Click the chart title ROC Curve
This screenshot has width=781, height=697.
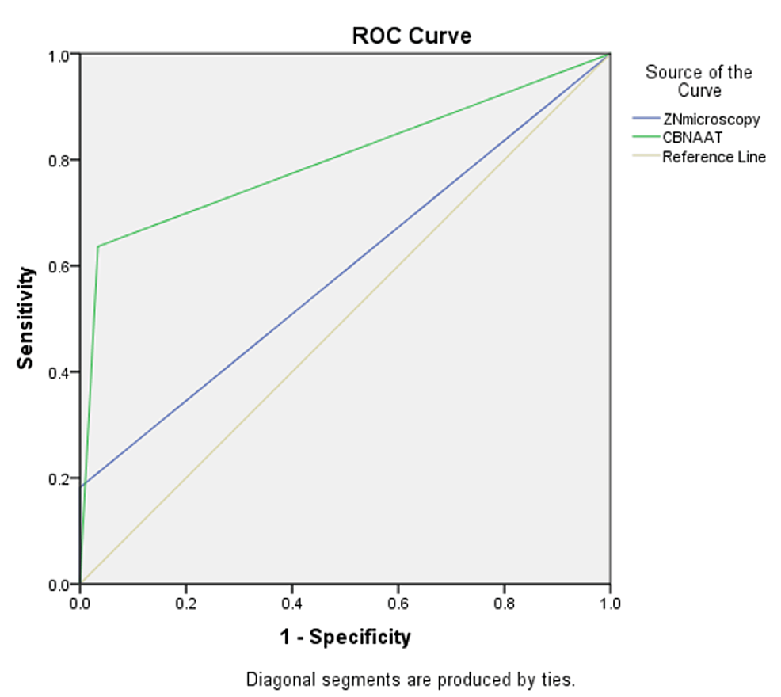click(x=411, y=36)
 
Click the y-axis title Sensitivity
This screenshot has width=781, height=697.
click(x=26, y=318)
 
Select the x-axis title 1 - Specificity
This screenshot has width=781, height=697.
click(x=344, y=636)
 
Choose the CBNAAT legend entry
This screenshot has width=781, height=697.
click(x=692, y=138)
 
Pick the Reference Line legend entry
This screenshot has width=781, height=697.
click(x=714, y=157)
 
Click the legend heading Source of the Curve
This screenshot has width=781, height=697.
click(x=699, y=82)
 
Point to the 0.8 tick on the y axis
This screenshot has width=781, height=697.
click(x=58, y=160)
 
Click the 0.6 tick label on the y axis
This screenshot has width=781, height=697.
click(x=58, y=266)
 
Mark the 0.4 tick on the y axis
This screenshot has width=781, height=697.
click(x=58, y=372)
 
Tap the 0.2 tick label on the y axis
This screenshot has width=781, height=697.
click(x=58, y=478)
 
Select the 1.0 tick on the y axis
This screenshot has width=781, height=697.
click(x=58, y=54)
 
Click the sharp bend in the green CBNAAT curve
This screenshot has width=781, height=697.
click(x=97, y=246)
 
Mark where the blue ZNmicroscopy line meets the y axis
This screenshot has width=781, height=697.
click(x=80, y=486)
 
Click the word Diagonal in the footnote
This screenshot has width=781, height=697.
click(x=276, y=680)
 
